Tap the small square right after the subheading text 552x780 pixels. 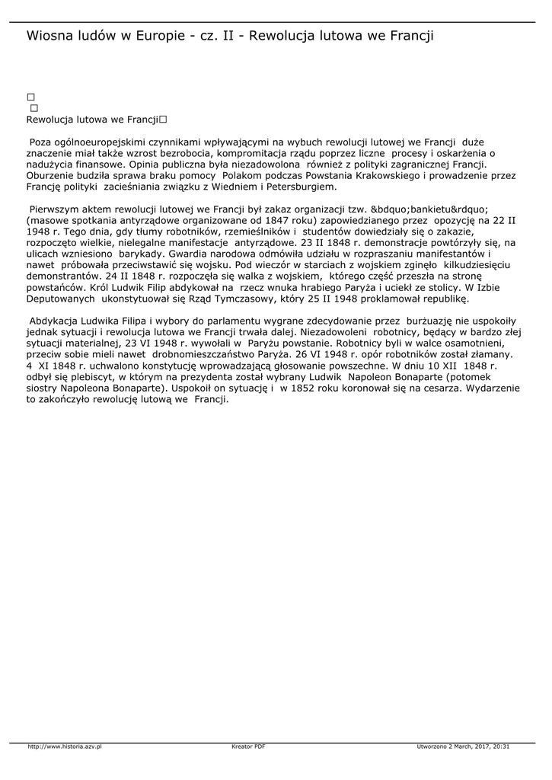click(x=164, y=120)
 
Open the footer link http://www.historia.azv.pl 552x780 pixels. click(x=65, y=746)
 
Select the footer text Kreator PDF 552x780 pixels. click(x=248, y=746)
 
